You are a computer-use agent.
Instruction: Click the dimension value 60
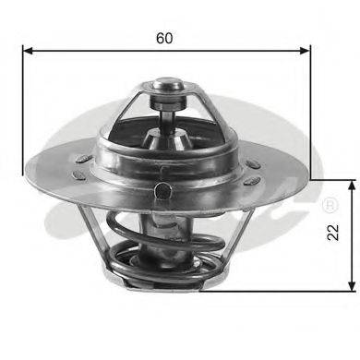(164, 39)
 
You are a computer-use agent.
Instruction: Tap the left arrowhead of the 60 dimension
(29, 52)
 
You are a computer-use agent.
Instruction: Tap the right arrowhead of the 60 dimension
(306, 52)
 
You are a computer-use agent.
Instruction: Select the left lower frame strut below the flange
(90, 240)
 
